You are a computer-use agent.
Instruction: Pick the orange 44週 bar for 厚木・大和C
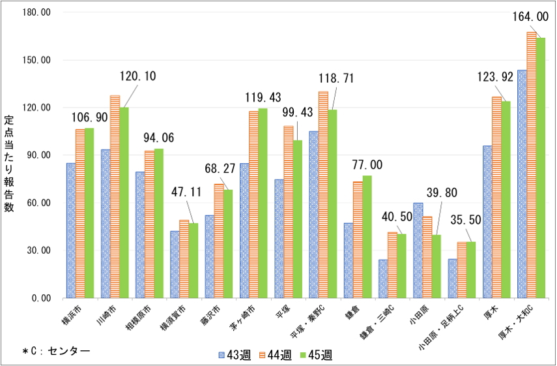click(532, 165)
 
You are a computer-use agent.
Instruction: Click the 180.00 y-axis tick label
click(36, 12)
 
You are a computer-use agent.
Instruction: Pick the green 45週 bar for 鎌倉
click(367, 237)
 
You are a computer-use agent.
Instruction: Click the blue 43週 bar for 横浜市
click(71, 230)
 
